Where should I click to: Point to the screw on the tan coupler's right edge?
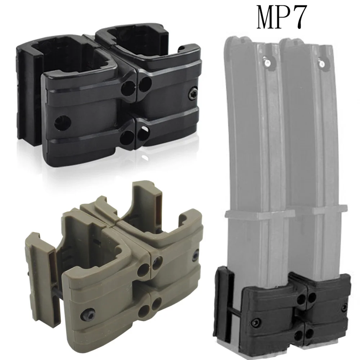tap(195, 255)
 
